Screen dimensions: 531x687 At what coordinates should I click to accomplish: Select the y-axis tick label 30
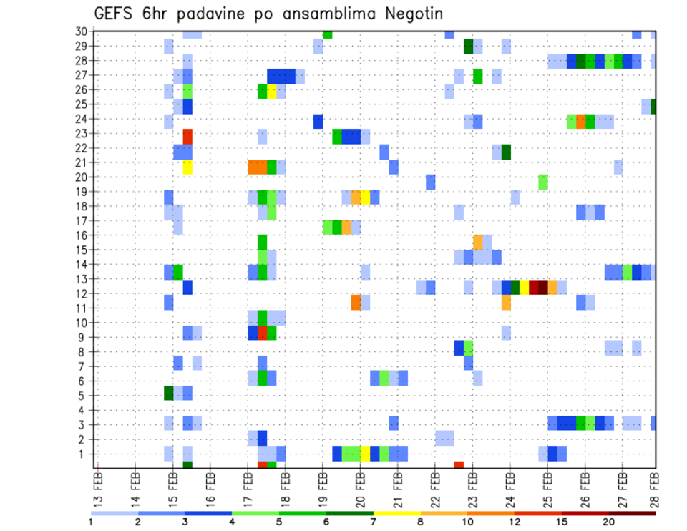(x=81, y=31)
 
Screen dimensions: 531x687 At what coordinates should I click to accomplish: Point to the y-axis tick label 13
(x=81, y=279)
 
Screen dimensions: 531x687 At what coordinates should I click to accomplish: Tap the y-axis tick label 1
(x=84, y=454)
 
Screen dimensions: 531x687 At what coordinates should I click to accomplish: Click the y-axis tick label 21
(x=81, y=162)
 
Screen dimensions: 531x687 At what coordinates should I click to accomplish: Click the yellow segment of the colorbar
(x=396, y=513)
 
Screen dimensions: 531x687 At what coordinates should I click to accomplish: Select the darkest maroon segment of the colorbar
(x=632, y=513)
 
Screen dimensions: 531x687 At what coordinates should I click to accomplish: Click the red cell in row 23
(x=187, y=136)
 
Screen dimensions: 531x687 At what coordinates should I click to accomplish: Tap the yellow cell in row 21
(x=187, y=167)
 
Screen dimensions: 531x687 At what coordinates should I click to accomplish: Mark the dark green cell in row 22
(x=506, y=152)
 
